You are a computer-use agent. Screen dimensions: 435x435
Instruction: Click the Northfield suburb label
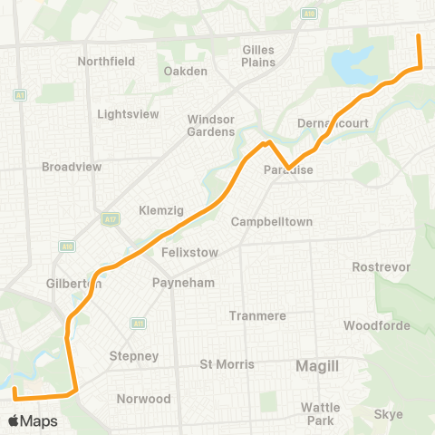tap(106, 62)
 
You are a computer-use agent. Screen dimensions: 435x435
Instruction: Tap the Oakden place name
tap(185, 72)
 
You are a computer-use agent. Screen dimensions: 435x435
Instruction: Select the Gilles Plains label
tap(258, 56)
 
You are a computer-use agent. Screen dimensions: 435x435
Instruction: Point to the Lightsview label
tap(128, 114)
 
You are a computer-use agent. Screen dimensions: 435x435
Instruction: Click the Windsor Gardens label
tap(211, 126)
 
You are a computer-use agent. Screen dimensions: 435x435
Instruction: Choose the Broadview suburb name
tap(71, 167)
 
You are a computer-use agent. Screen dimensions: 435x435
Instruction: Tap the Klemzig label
tap(161, 210)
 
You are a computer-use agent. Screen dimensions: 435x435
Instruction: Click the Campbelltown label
tap(272, 222)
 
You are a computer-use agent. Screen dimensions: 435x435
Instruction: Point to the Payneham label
tap(183, 283)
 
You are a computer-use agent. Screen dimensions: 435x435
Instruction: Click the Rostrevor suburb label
tap(382, 267)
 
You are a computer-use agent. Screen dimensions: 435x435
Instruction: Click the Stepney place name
tap(133, 356)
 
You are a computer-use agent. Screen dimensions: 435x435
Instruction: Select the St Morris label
tap(227, 364)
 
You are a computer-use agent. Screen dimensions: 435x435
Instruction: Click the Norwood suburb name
tap(143, 399)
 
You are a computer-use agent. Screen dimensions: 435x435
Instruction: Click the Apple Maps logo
tap(33, 420)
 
